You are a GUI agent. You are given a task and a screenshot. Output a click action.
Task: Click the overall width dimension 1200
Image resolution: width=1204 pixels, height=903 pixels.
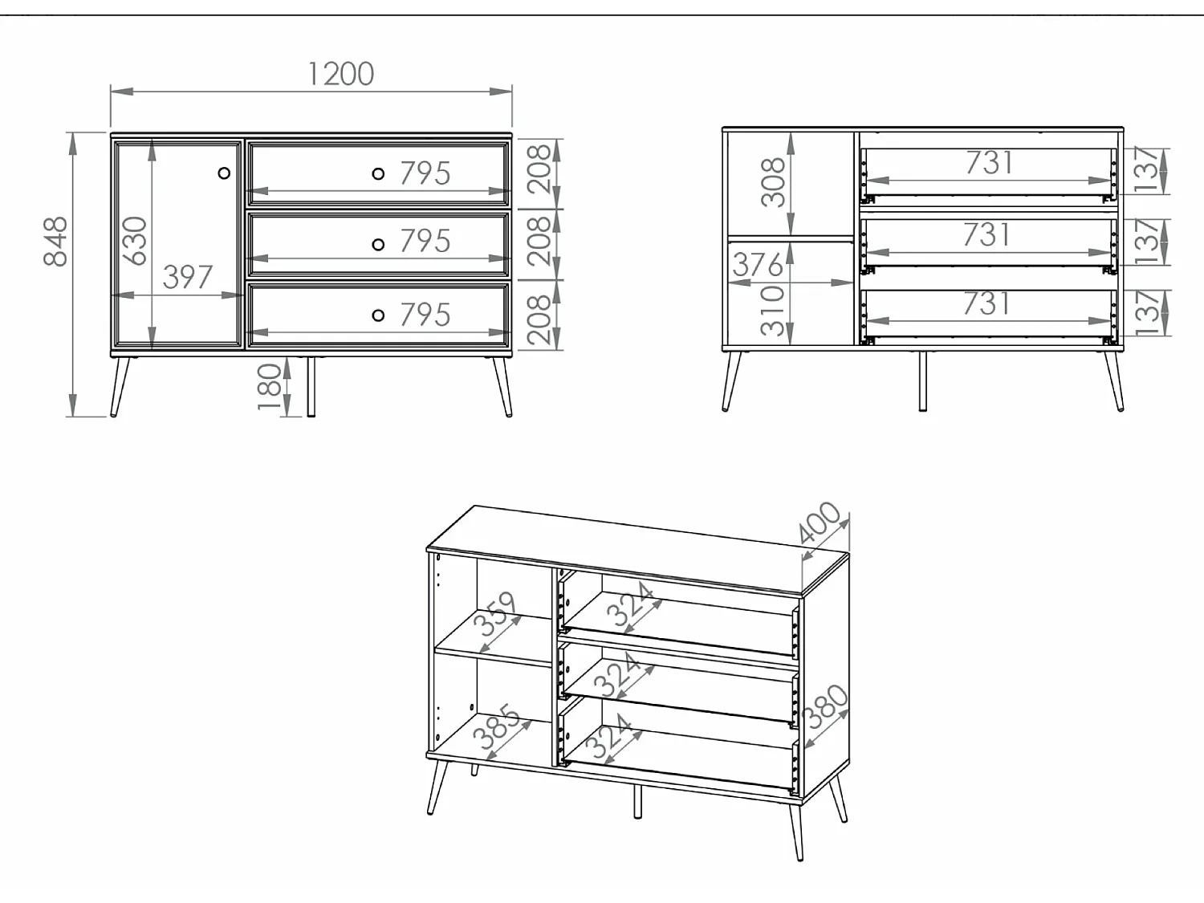click(x=340, y=74)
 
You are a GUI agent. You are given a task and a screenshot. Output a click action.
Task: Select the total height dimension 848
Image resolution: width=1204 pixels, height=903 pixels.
click(x=56, y=241)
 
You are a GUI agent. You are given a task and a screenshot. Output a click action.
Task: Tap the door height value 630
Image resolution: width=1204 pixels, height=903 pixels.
click(x=135, y=241)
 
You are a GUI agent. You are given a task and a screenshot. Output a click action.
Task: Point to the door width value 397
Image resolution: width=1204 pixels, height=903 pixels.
click(x=188, y=278)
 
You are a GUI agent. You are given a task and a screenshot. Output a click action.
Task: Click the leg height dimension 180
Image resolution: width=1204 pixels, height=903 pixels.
click(x=270, y=386)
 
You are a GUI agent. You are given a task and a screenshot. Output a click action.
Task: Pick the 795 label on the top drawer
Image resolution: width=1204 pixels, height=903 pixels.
click(x=425, y=173)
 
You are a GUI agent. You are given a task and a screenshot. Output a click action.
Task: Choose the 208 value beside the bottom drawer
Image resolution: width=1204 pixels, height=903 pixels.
click(x=539, y=319)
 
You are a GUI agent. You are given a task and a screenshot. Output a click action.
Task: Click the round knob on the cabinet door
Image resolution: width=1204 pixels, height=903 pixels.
click(x=224, y=173)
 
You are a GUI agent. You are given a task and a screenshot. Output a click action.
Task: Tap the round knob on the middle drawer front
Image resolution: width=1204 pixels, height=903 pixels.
click(x=378, y=245)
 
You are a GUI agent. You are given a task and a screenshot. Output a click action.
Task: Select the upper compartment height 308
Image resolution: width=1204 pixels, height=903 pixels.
click(x=772, y=182)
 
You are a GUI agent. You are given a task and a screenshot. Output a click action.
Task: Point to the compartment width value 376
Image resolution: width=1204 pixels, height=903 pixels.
click(x=757, y=265)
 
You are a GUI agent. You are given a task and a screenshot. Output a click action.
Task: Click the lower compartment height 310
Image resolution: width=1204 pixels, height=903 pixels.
click(x=772, y=310)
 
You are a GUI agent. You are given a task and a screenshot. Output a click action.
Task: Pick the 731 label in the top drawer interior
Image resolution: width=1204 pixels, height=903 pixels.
click(x=989, y=163)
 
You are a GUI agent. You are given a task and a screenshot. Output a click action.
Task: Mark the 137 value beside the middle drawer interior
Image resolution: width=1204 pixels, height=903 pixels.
click(x=1148, y=241)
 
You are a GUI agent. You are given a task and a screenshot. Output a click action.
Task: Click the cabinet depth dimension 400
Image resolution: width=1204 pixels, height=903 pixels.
click(x=820, y=523)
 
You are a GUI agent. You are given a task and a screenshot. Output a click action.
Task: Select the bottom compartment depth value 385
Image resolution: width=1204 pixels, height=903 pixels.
click(x=497, y=728)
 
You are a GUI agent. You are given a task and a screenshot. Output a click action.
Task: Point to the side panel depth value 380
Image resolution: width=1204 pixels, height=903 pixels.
click(x=824, y=707)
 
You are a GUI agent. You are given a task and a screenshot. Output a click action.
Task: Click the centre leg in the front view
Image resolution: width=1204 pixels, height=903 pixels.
click(x=311, y=386)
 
